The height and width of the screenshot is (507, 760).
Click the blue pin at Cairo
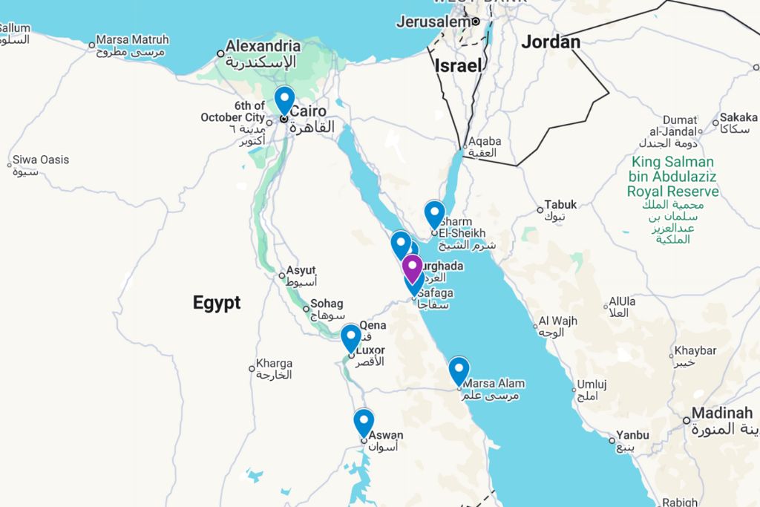284,99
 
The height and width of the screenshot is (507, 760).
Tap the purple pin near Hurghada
412,267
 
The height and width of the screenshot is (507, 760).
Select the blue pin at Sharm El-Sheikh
434,213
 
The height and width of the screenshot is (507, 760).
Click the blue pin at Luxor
351,337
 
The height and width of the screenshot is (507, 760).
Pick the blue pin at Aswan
364,422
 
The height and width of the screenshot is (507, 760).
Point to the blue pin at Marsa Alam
459,370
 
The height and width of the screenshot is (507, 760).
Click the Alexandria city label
263,46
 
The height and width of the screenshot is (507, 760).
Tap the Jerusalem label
433,22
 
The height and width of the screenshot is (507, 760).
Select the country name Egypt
217,303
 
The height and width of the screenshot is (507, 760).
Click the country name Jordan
551,42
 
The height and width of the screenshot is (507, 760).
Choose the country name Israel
459,65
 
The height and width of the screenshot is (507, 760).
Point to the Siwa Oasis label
41,160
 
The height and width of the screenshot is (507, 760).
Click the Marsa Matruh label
132,40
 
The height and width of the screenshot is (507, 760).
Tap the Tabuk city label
560,205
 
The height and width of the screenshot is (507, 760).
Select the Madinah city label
722,413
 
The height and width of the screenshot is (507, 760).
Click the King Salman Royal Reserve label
672,177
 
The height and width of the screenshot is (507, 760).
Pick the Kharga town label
274,364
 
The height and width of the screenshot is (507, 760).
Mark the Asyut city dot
282,276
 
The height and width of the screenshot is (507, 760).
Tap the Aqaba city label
485,141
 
